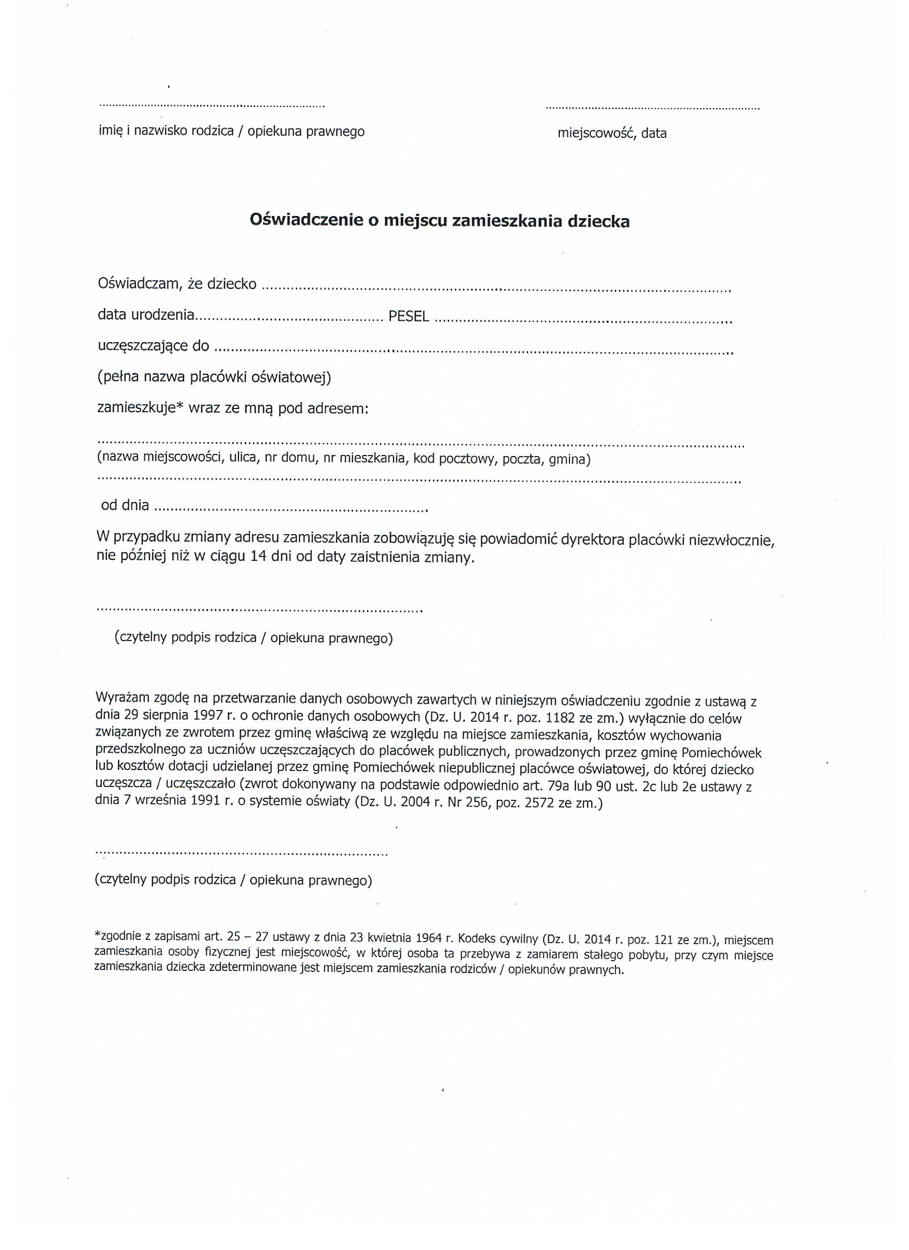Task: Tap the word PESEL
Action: tap(409, 317)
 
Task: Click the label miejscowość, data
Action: tap(612, 133)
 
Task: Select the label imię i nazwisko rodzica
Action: tap(166, 132)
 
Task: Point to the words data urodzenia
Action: tap(146, 315)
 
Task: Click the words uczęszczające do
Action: tap(153, 346)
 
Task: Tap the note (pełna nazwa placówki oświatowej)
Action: tap(214, 377)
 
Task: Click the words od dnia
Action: tap(125, 505)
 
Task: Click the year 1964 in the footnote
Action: tap(431, 939)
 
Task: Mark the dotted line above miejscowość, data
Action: tap(652, 109)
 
